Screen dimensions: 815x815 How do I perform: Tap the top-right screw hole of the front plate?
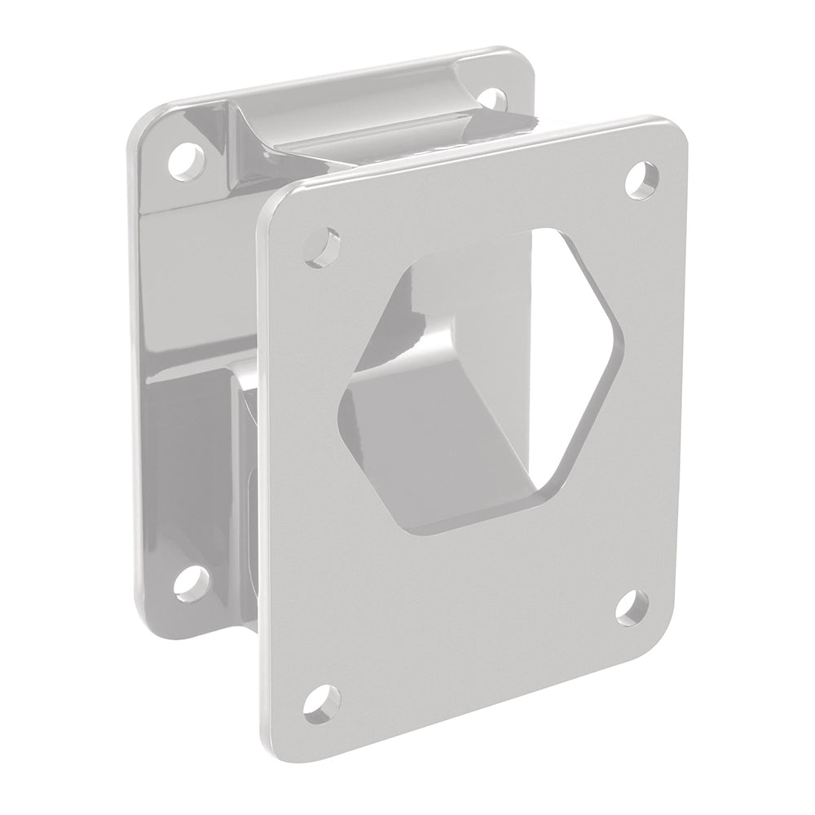644,178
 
